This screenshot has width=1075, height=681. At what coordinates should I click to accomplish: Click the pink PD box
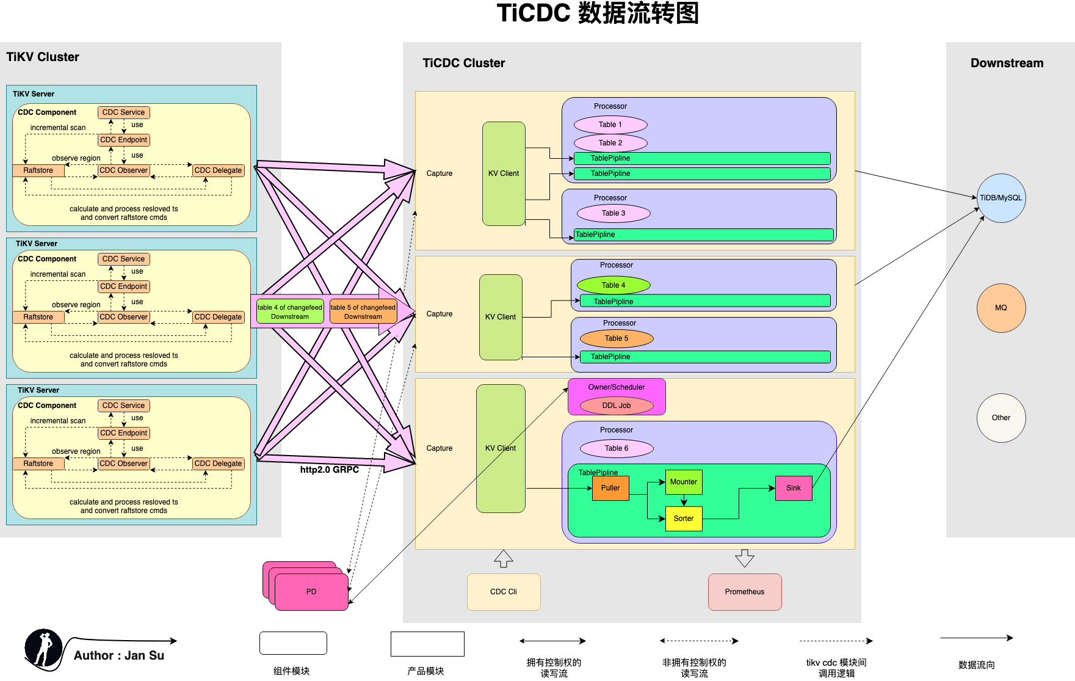pyautogui.click(x=311, y=592)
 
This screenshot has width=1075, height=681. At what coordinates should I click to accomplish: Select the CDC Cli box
pyautogui.click(x=504, y=592)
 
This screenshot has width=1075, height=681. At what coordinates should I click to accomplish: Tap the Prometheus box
pyautogui.click(x=745, y=592)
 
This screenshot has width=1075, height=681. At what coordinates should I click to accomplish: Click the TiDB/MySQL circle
pyautogui.click(x=1001, y=198)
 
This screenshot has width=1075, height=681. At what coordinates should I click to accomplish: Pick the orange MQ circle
pyautogui.click(x=1001, y=308)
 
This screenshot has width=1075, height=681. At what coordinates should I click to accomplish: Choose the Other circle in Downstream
pyautogui.click(x=1001, y=418)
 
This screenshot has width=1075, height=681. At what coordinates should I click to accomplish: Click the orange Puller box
pyautogui.click(x=610, y=488)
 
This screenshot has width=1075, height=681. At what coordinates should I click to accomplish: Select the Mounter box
pyautogui.click(x=684, y=482)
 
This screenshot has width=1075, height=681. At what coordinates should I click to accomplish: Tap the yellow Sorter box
pyautogui.click(x=684, y=519)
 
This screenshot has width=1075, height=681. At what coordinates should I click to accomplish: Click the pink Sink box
pyautogui.click(x=794, y=488)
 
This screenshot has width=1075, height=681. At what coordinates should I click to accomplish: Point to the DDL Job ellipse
pyautogui.click(x=617, y=406)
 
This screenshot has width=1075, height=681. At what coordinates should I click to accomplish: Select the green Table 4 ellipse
pyautogui.click(x=614, y=285)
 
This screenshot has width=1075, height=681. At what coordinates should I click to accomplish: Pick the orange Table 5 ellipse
pyautogui.click(x=617, y=338)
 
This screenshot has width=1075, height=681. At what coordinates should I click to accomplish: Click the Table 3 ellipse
pyautogui.click(x=614, y=213)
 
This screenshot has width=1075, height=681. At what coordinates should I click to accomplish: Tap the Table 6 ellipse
pyautogui.click(x=617, y=448)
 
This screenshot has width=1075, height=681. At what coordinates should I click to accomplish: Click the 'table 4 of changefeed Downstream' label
pyautogui.click(x=290, y=311)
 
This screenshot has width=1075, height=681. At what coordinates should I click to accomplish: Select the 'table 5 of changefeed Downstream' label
pyautogui.click(x=363, y=311)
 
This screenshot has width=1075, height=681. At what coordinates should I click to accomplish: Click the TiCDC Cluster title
pyautogui.click(x=464, y=63)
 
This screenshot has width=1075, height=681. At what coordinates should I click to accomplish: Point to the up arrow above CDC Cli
pyautogui.click(x=504, y=558)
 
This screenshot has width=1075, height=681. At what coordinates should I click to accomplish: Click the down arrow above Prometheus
pyautogui.click(x=745, y=558)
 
